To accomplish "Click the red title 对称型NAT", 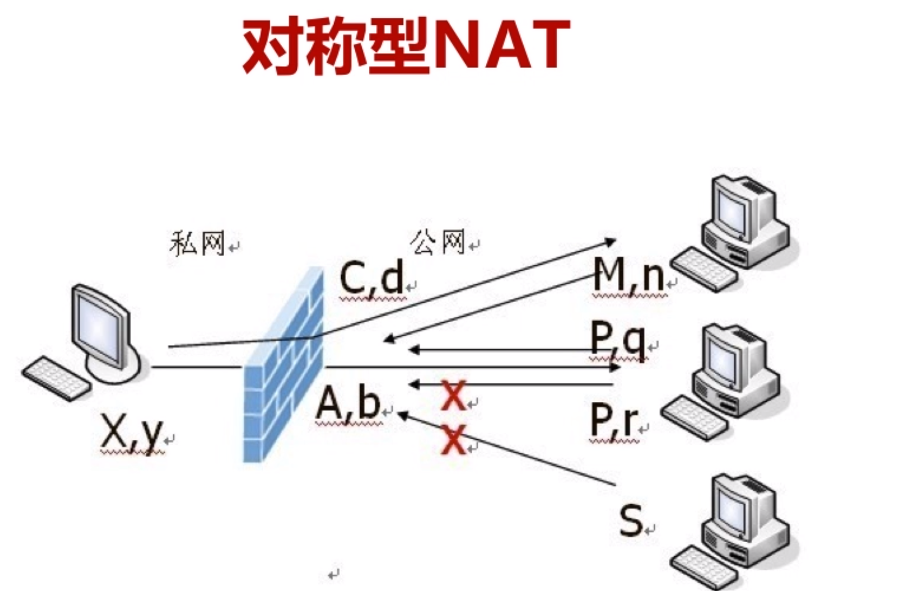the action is (x=406, y=46).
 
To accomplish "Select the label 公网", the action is (x=437, y=242).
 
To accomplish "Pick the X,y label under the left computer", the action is (x=132, y=433).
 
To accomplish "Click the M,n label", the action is (x=628, y=275).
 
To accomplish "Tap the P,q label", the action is (x=618, y=339).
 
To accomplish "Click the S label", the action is (x=631, y=520).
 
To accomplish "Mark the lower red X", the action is (x=454, y=439).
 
